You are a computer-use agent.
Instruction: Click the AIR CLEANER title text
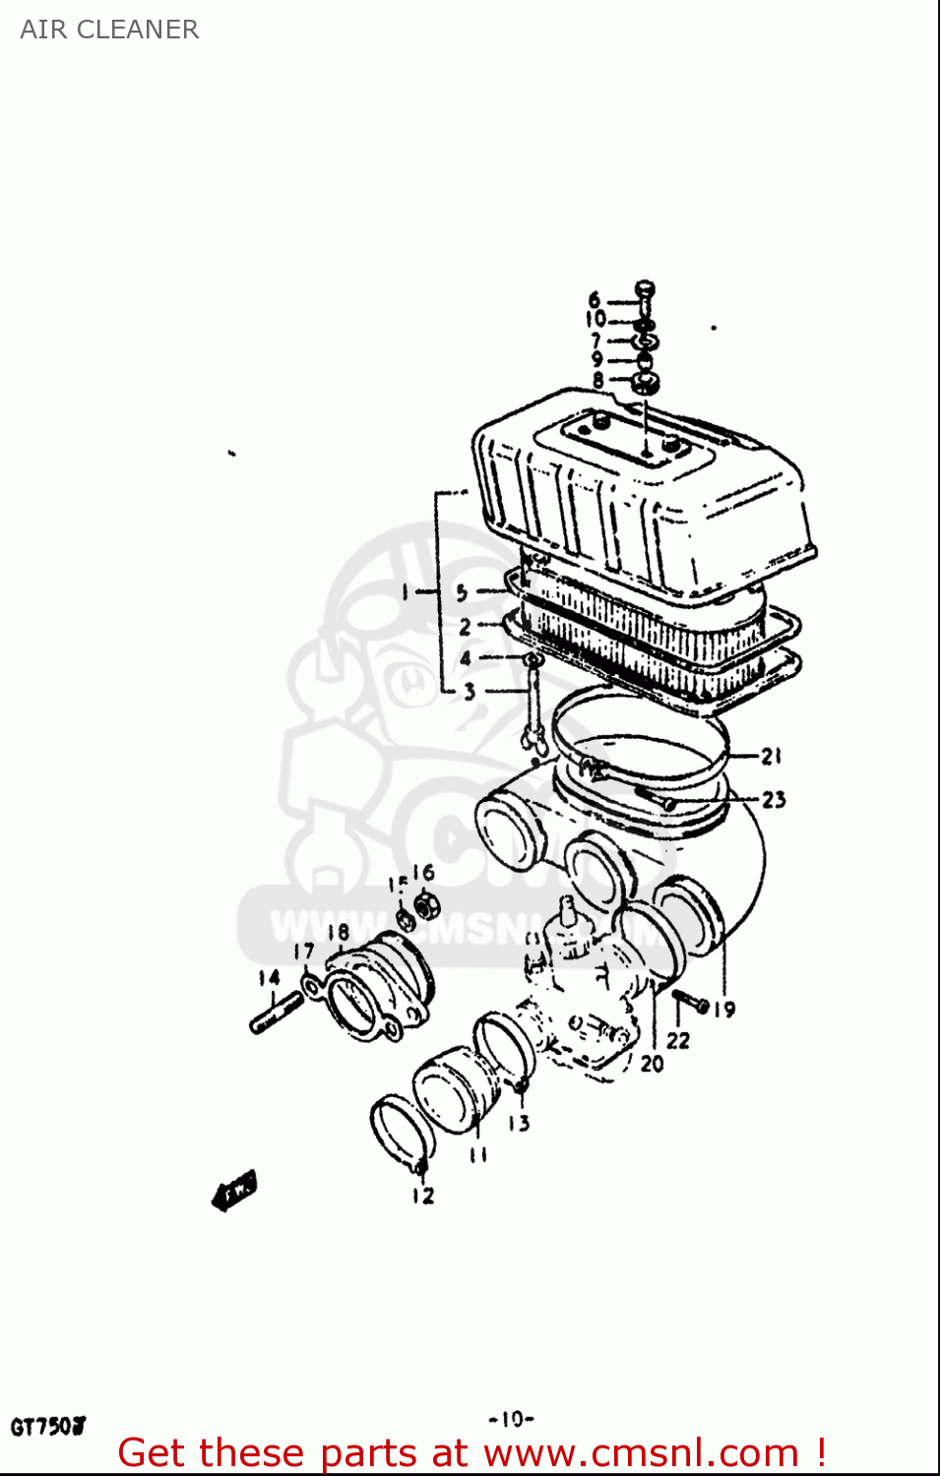[x=109, y=30]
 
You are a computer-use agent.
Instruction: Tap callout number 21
[x=772, y=756]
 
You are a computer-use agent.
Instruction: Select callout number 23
[x=774, y=799]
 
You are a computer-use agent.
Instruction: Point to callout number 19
[x=724, y=1009]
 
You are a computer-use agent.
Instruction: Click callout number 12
[x=423, y=1196]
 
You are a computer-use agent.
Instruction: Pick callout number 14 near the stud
[x=269, y=977]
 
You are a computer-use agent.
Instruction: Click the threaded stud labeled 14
[x=277, y=1014]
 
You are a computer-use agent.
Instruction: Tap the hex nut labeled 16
[x=426, y=904]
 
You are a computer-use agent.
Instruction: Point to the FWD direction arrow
[x=234, y=1190]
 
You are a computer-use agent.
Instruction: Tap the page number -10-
[x=511, y=1419]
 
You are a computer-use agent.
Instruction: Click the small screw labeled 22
[x=691, y=1003]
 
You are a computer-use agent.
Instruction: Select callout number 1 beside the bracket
[x=404, y=591]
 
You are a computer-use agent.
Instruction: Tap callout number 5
[x=461, y=592]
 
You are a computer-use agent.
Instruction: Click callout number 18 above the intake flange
[x=338, y=931]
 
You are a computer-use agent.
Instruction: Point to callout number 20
[x=652, y=1064]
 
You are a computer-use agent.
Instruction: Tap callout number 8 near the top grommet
[x=597, y=380]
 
